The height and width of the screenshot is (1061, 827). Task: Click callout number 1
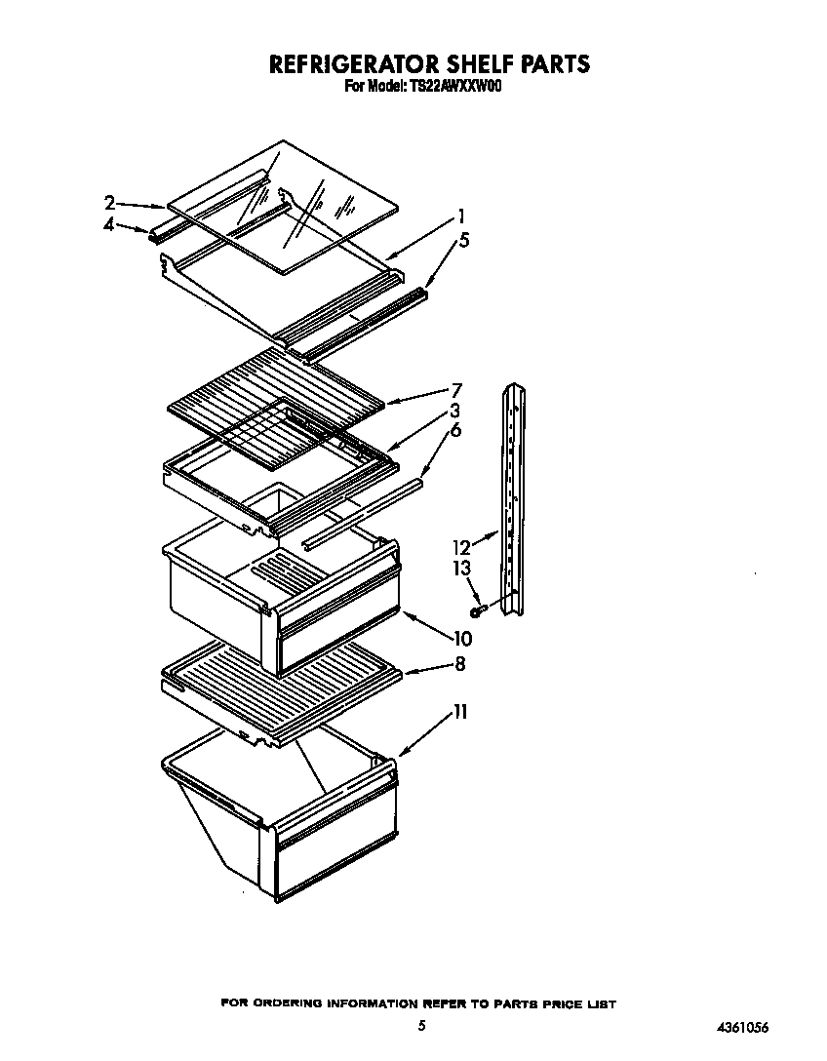[461, 216]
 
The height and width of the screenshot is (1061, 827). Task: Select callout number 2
[110, 203]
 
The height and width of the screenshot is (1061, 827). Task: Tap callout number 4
[110, 224]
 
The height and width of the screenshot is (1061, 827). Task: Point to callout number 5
[464, 241]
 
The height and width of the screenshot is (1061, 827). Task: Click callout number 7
[456, 390]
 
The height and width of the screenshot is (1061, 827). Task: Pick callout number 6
[455, 430]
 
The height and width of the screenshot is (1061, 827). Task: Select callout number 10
[461, 640]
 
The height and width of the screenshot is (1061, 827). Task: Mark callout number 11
[458, 713]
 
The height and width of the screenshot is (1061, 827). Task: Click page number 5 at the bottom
[421, 1025]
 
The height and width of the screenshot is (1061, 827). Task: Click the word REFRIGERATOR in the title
[335, 64]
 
